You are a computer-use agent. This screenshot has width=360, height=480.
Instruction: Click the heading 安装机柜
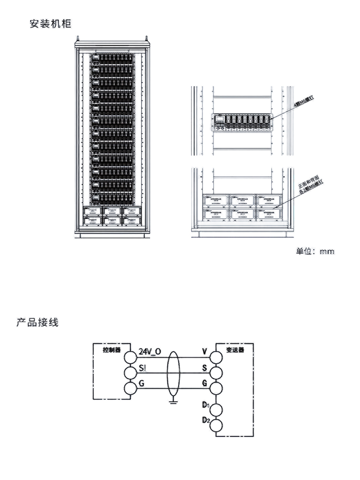[x=50, y=24]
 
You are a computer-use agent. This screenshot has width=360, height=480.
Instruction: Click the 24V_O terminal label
[x=150, y=352]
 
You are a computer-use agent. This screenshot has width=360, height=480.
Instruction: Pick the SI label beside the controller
[x=142, y=368]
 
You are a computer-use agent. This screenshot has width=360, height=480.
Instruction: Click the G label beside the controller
[x=142, y=383]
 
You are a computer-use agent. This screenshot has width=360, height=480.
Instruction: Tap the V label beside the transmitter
[x=204, y=352]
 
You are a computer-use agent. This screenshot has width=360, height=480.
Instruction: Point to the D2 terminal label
[x=206, y=421]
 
